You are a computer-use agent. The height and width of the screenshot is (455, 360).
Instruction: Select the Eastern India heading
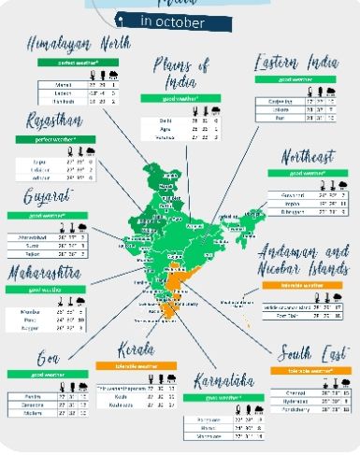click(298, 63)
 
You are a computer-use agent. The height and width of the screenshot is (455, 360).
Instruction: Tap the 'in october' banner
click(175, 20)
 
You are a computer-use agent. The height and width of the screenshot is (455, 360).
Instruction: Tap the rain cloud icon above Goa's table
click(81, 385)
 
